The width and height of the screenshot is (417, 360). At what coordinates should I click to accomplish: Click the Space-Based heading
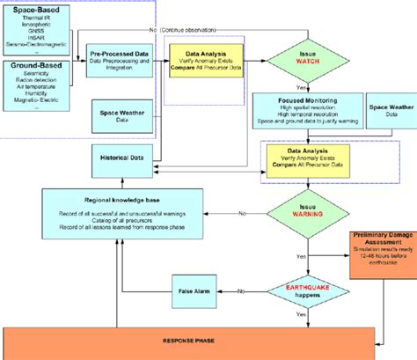[29, 9]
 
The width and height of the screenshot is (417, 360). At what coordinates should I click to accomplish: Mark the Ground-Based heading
[32, 67]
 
